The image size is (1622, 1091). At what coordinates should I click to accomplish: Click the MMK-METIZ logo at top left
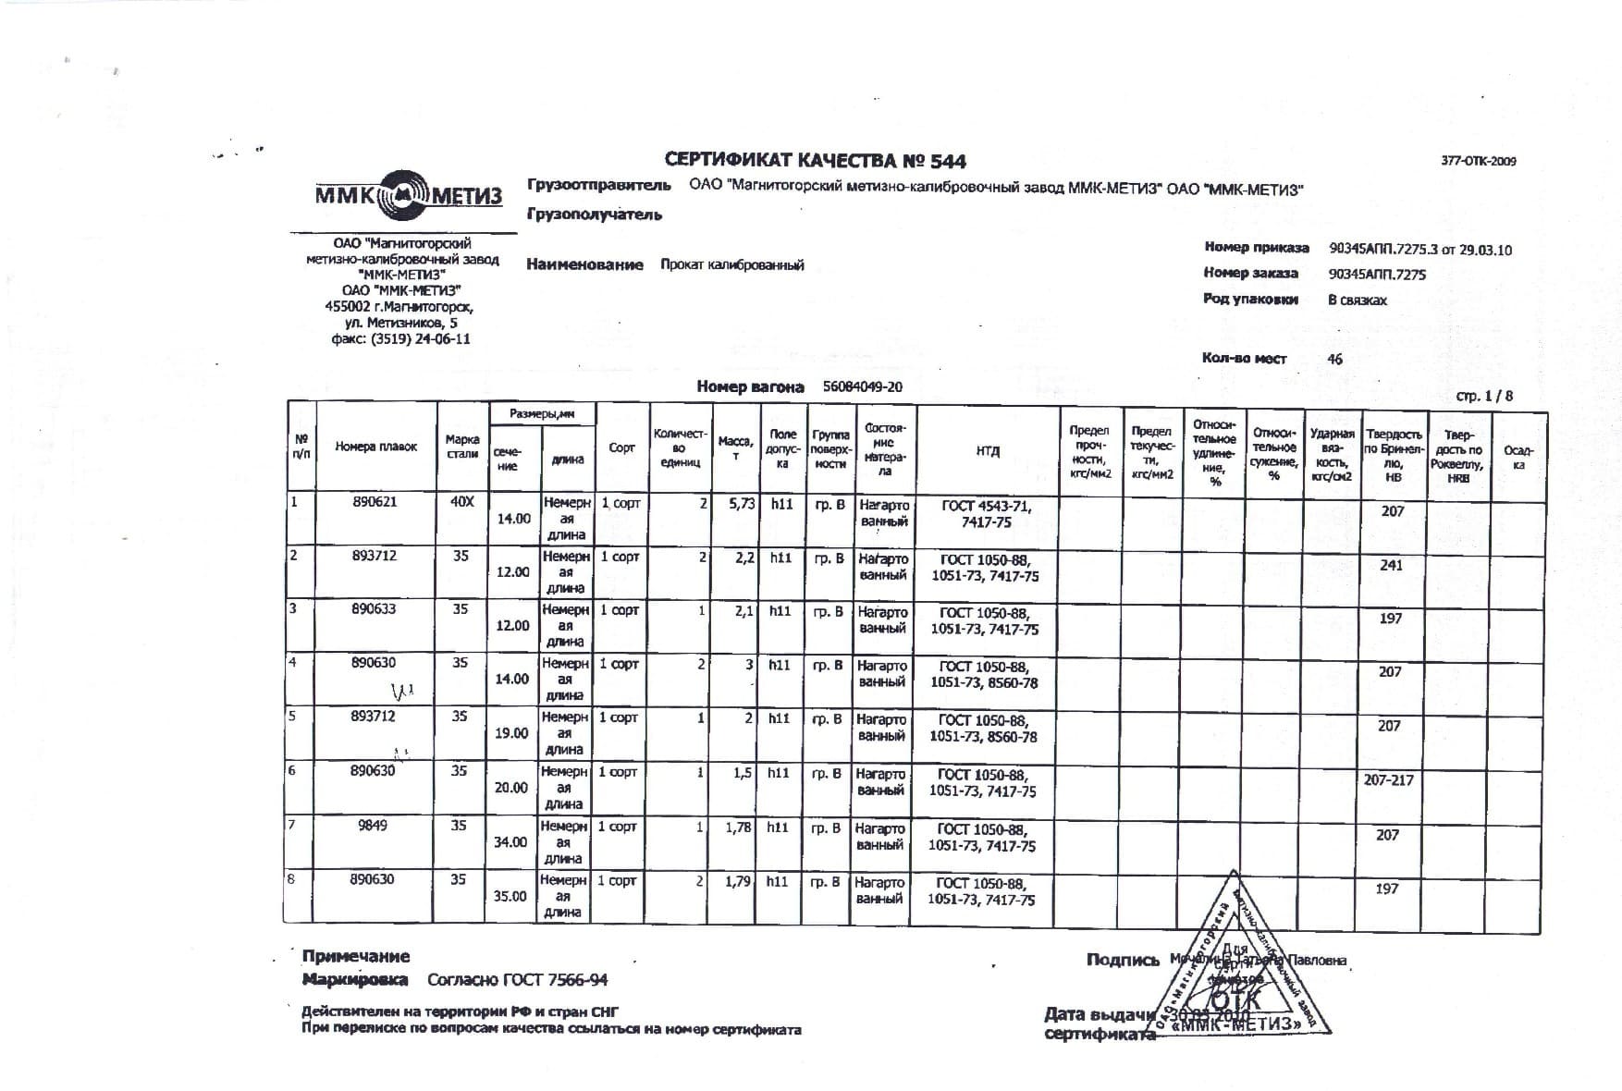(x=408, y=195)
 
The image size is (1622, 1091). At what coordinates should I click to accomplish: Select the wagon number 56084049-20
(x=862, y=387)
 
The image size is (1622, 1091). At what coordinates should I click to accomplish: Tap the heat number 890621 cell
(x=375, y=502)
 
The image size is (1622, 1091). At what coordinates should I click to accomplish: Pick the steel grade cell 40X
(x=461, y=502)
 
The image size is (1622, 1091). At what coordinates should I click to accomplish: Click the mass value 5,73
(x=742, y=504)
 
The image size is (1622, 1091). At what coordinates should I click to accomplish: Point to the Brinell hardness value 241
(x=1391, y=565)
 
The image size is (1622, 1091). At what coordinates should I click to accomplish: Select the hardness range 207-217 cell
(x=1388, y=780)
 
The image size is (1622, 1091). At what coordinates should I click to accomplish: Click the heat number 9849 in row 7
(x=372, y=826)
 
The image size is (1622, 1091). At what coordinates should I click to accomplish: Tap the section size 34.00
(x=510, y=842)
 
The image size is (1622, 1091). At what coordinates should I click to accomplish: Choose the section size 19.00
(x=511, y=733)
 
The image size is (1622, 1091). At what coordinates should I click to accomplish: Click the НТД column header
(x=988, y=451)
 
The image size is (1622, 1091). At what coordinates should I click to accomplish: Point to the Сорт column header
(x=621, y=448)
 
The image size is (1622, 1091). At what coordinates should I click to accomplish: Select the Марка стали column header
(x=462, y=447)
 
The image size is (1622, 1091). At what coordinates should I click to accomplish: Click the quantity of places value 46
(x=1334, y=360)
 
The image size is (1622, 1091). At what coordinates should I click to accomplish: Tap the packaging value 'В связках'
(x=1358, y=300)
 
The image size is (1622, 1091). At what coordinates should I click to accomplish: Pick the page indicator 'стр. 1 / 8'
(x=1484, y=396)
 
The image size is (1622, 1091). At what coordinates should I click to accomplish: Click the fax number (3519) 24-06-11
(x=420, y=339)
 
